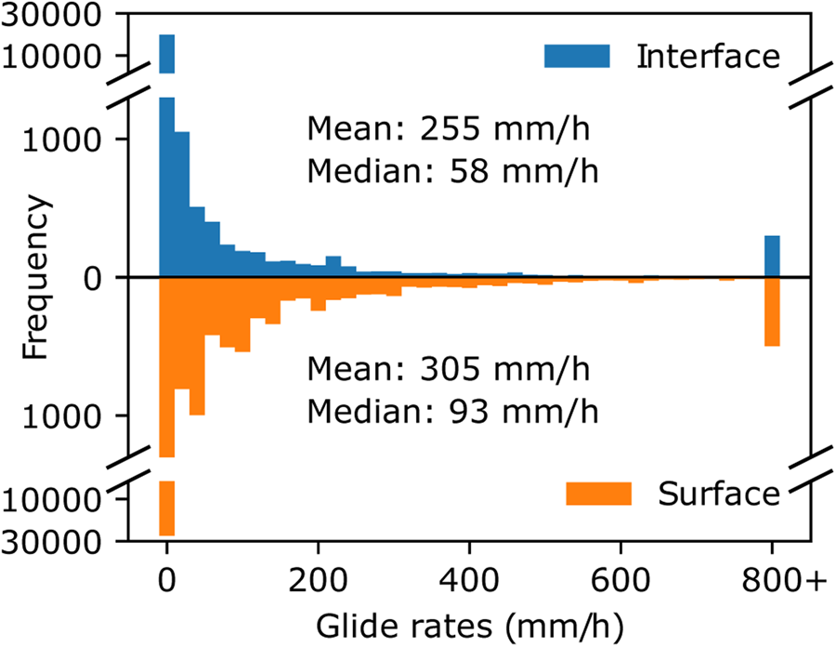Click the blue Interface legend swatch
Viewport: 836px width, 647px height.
point(577,56)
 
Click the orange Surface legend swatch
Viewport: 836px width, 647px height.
point(598,494)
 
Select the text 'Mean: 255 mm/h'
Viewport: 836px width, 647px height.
point(450,129)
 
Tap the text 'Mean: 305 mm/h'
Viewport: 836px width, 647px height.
point(450,369)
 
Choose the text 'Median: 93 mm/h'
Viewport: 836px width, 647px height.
point(452,410)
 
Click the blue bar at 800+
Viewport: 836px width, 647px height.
point(772,257)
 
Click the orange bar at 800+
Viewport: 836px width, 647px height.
point(772,312)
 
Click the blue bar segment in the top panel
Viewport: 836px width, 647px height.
point(167,53)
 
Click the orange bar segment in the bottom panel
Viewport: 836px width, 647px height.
point(167,508)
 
